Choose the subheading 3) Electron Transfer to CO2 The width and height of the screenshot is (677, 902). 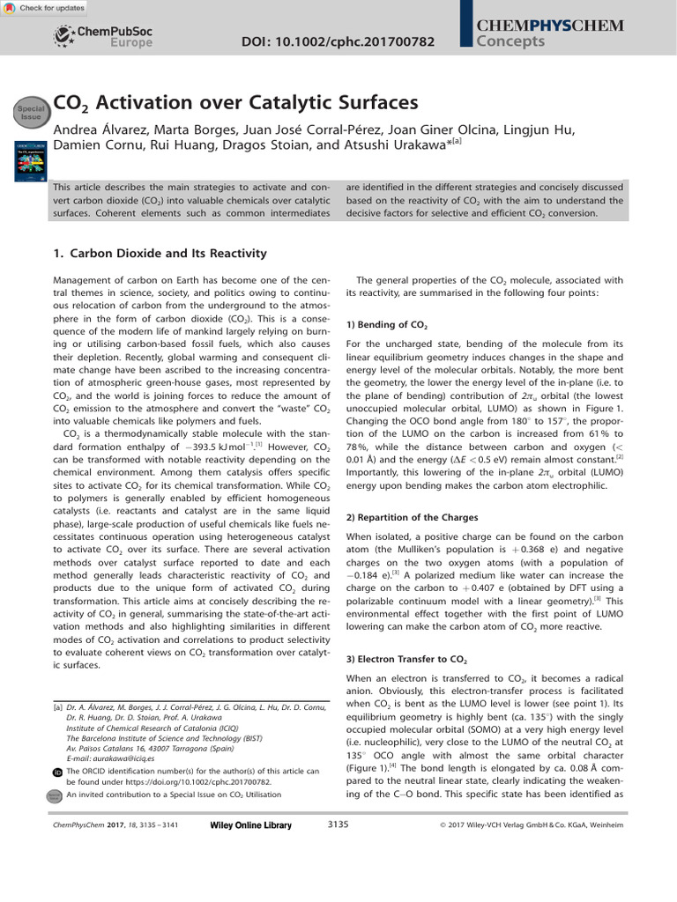406,659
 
